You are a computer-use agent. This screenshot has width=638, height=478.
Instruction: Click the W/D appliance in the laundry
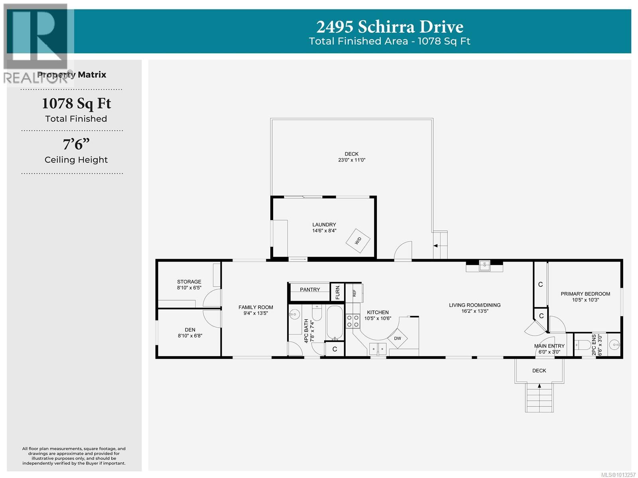pyautogui.click(x=358, y=241)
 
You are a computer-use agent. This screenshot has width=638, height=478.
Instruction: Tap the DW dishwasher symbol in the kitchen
pyautogui.click(x=397, y=338)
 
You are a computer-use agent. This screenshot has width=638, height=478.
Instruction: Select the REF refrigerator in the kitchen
pyautogui.click(x=354, y=293)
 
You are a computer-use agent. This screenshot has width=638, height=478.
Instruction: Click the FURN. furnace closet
pyautogui.click(x=337, y=292)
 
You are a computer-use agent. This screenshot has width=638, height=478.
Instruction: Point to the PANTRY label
pyautogui.click(x=310, y=290)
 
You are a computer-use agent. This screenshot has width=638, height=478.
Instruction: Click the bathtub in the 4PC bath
pyautogui.click(x=335, y=323)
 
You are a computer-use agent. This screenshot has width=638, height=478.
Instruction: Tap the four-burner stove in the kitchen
pyautogui.click(x=352, y=321)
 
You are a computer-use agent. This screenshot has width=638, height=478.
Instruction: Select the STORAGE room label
pyautogui.click(x=189, y=282)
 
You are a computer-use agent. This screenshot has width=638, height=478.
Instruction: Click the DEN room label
pyautogui.click(x=190, y=330)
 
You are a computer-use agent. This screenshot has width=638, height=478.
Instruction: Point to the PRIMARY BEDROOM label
pyautogui.click(x=585, y=294)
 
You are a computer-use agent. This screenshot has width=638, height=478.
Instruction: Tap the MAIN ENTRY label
pyautogui.click(x=549, y=346)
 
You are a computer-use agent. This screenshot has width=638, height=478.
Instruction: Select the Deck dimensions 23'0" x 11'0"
pyautogui.click(x=352, y=160)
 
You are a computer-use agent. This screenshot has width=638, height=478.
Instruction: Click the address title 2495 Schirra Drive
pyautogui.click(x=390, y=27)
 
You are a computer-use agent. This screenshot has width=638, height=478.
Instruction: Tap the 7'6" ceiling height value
pyautogui.click(x=76, y=144)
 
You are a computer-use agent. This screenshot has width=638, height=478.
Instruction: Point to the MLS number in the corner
pyautogui.click(x=618, y=474)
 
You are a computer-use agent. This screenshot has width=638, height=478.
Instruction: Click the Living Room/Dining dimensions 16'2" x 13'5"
pyautogui.click(x=475, y=311)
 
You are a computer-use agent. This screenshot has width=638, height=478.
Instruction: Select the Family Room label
pyautogui.click(x=256, y=307)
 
